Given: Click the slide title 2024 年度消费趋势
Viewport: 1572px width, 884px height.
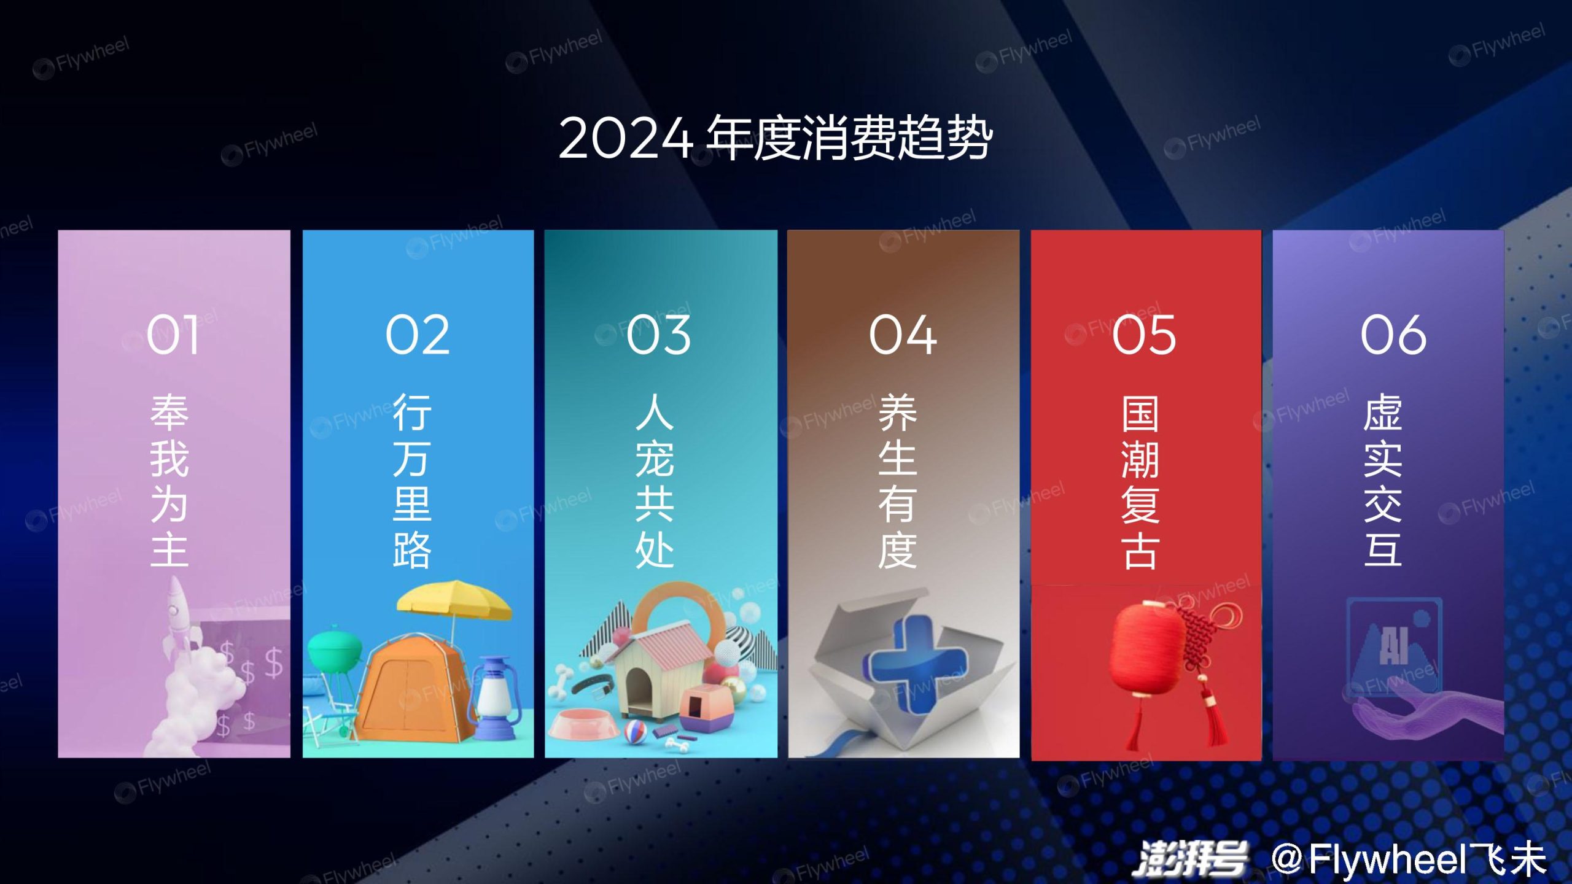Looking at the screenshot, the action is pos(775,138).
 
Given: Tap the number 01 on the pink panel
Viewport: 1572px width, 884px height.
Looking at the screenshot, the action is pos(173,335).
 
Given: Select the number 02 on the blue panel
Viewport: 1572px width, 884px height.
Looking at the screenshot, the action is pos(418,335).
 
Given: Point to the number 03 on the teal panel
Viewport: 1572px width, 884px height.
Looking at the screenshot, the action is pos(658,335).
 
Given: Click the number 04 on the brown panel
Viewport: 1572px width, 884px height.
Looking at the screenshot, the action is pos(903,335).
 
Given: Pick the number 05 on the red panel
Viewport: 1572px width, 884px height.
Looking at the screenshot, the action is pos(1144,335).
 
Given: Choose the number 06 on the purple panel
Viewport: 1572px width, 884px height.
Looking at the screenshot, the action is pos(1393,335).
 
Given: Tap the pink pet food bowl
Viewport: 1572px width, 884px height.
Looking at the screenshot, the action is pos(583,724).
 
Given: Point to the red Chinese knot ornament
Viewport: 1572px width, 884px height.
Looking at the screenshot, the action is pos(1204,663).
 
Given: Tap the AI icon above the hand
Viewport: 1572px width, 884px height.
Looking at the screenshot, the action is pos(1394,645).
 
